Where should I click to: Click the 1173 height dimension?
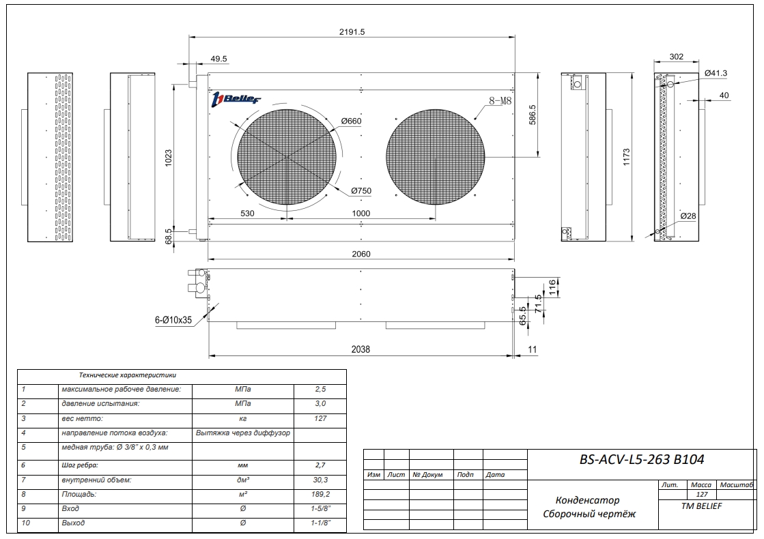point(626,157)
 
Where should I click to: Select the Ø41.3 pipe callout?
point(717,72)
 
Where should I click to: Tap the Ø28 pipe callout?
point(688,216)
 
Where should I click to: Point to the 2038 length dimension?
point(360,349)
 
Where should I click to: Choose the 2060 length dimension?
point(360,253)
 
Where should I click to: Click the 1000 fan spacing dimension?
point(360,214)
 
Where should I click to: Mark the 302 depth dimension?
point(676,57)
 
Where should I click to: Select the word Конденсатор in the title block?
point(587,500)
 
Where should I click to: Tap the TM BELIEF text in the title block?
point(702,506)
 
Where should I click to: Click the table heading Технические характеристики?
point(128,375)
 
